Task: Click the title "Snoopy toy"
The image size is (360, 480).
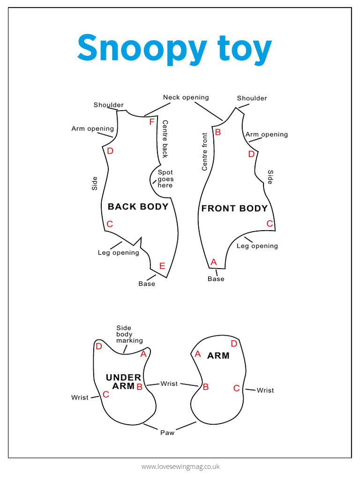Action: click(x=174, y=48)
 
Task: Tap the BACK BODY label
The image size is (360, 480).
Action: click(x=138, y=207)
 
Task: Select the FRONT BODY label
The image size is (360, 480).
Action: click(x=234, y=209)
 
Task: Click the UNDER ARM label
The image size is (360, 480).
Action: click(x=124, y=382)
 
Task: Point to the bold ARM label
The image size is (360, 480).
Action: click(x=218, y=356)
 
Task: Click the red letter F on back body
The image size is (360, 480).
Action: click(x=151, y=122)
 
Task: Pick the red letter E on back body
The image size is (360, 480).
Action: click(x=162, y=266)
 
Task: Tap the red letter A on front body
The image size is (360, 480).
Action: click(x=214, y=262)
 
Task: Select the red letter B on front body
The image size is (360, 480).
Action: click(x=217, y=132)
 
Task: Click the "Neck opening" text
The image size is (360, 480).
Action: click(x=186, y=97)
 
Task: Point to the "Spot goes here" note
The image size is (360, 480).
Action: click(x=165, y=179)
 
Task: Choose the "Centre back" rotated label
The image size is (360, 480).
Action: click(x=165, y=139)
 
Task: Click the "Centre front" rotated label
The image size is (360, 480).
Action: click(x=204, y=151)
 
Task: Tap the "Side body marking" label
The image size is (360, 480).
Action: click(x=129, y=334)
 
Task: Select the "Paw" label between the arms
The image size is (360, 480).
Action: click(x=167, y=433)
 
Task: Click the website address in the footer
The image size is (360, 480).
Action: click(x=180, y=466)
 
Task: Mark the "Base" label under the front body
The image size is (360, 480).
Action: click(x=216, y=279)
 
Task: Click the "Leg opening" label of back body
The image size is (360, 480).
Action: click(x=118, y=253)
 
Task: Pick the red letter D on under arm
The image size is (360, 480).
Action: click(x=99, y=346)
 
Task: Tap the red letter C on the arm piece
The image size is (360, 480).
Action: click(x=237, y=388)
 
